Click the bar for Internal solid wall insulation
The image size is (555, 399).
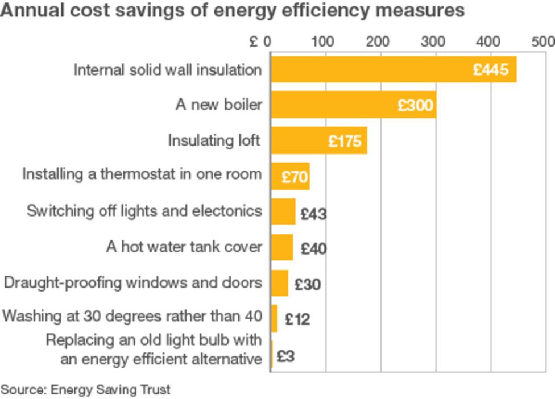coord(392,69)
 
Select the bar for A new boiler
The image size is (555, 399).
coord(353,105)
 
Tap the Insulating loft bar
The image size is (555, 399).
coord(318,140)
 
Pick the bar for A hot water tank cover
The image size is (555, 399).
coord(281,247)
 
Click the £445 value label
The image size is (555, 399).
coord(490,70)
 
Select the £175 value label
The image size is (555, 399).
coord(345,141)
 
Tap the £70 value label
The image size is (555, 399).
coord(295,177)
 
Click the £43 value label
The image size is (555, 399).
coord(313,214)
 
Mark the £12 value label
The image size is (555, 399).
coord(297,319)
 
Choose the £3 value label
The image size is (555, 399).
coord(285,358)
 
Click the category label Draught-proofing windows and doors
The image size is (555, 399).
coord(133,282)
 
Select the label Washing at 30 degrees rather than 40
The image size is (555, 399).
coord(132,316)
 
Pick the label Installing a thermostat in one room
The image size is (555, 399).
coord(142,174)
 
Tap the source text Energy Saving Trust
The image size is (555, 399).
coord(110,390)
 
